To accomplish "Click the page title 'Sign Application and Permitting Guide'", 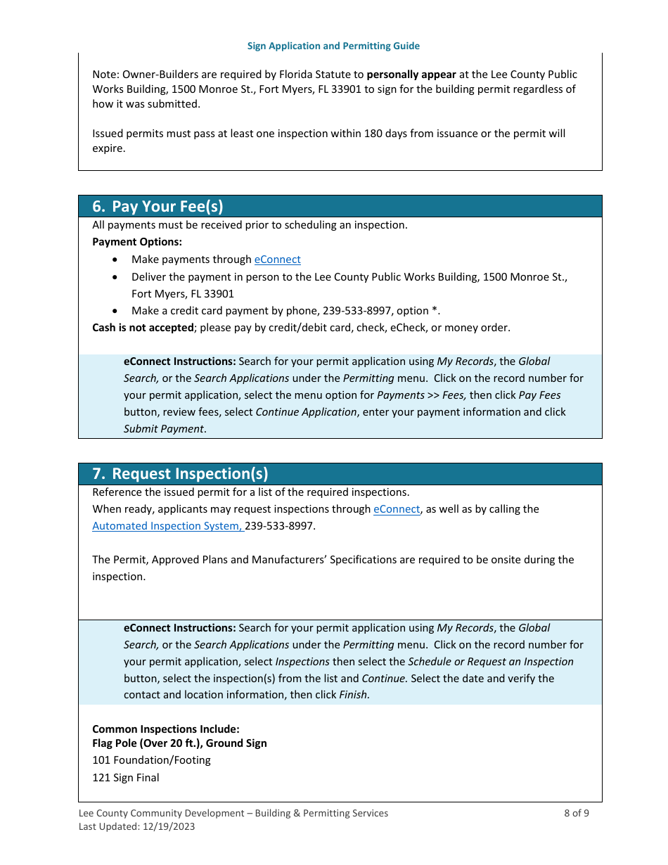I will tap(333, 46).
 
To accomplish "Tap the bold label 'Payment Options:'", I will tap(137, 242).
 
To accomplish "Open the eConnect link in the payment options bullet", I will tap(277, 259).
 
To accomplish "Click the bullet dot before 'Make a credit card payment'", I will tap(115, 311).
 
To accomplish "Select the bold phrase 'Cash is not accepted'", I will tap(143, 328).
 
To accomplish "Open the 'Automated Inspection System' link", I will tap(167, 526).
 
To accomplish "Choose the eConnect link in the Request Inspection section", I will tap(396, 509).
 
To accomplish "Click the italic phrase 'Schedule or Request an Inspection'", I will tap(490, 662).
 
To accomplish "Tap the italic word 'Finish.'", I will tap(354, 696).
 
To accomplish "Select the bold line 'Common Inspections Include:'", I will tap(166, 729).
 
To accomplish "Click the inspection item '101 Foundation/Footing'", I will tap(151, 760).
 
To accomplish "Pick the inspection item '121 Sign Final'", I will tap(126, 778).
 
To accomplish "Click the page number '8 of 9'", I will tap(576, 813).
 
